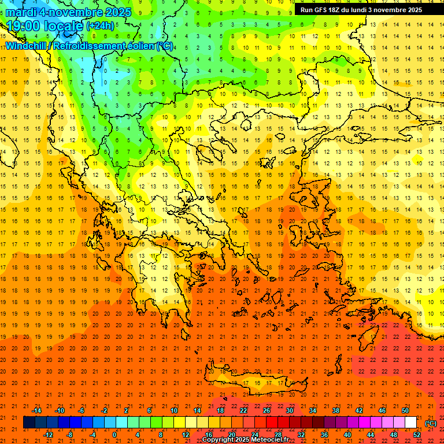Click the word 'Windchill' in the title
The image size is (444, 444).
tap(24, 46)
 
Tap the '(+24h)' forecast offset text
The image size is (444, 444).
tap(100, 26)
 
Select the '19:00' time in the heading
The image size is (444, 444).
tap(24, 26)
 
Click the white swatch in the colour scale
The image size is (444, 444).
tap(410, 423)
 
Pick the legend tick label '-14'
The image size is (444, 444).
tap(36, 410)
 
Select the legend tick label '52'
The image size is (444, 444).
tap(417, 435)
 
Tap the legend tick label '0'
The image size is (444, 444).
tap(114, 435)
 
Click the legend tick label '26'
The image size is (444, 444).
tap(267, 410)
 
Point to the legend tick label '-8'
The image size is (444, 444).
tap(70, 435)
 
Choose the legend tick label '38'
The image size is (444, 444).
tap(335, 410)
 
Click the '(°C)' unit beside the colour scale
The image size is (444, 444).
tap(431, 423)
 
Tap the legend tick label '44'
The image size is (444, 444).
tap(371, 435)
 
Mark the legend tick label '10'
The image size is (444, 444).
tap(173, 410)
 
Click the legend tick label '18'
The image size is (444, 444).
tap(220, 410)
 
